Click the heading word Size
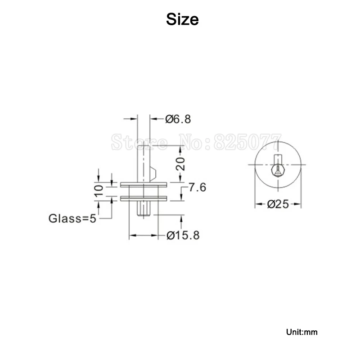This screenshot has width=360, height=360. pyautogui.click(x=182, y=19)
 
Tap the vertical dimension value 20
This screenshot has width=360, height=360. pyautogui.click(x=180, y=164)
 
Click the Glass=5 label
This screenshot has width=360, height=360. pyautogui.click(x=72, y=219)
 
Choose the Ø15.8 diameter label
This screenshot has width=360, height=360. pyautogui.click(x=182, y=235)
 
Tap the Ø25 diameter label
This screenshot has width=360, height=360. pyautogui.click(x=277, y=204)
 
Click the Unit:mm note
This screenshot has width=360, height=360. pyautogui.click(x=301, y=333)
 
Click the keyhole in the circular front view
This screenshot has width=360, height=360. pyautogui.click(x=278, y=170)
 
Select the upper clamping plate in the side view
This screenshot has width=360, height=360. pyautogui.click(x=144, y=184)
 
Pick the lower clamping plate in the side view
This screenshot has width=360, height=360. pyautogui.click(x=144, y=198)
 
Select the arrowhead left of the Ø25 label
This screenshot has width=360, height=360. pyautogui.click(x=259, y=204)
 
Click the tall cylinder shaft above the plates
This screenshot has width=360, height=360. pyautogui.click(x=144, y=153)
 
